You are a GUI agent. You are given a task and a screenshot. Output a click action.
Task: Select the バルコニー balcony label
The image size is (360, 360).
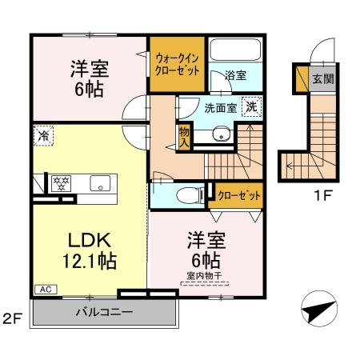[x=104, y=310]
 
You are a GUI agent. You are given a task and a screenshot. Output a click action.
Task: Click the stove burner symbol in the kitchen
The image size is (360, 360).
[x=61, y=182]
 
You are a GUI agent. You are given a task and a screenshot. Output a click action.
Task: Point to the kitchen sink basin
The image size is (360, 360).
[x=100, y=182]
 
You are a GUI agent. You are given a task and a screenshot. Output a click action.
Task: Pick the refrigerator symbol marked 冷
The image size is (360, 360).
[x=42, y=137]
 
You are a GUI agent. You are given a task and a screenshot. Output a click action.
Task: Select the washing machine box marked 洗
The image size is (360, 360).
[x=252, y=106]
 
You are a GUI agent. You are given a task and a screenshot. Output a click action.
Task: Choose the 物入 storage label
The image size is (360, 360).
[x=184, y=137]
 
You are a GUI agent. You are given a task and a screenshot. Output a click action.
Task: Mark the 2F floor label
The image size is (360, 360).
[x=11, y=319]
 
